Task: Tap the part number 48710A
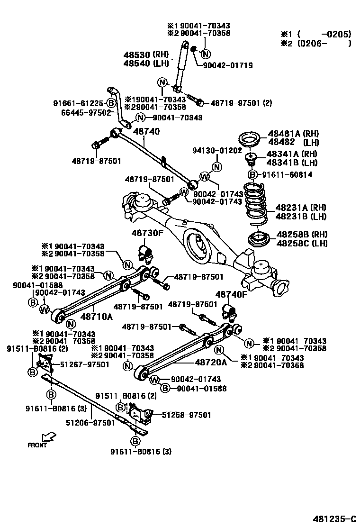96,316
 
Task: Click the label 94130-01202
215,150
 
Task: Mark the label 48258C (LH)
302,244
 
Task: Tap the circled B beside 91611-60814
252,174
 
